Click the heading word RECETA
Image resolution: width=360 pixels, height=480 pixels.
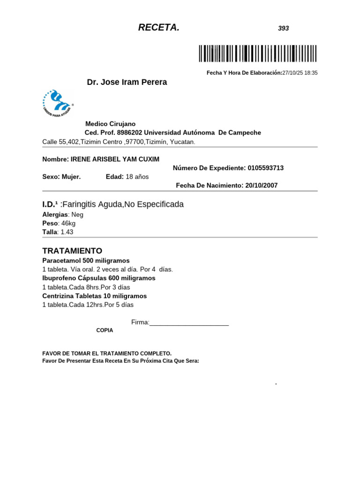[x=158, y=28]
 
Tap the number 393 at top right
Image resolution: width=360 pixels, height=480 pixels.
[x=283, y=29]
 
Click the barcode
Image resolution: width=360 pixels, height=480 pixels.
[x=257, y=53]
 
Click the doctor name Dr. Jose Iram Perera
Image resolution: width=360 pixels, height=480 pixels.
[x=127, y=82]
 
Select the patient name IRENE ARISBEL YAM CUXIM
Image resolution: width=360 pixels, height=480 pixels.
[x=115, y=159]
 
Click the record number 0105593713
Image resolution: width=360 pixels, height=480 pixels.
[x=265, y=168]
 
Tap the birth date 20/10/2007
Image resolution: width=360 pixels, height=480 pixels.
[x=260, y=186]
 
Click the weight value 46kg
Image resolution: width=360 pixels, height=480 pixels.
[x=68, y=223]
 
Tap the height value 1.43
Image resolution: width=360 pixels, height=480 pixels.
[x=67, y=232]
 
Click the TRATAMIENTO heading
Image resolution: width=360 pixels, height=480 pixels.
[x=72, y=251]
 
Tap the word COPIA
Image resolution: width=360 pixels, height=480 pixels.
[x=105, y=330]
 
